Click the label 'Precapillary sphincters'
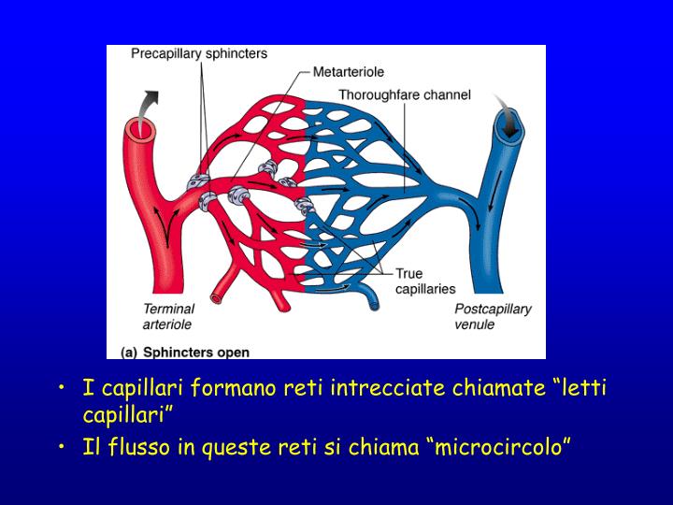198,53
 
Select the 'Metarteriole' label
348,71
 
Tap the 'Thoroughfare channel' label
404,94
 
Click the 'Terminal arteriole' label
168,316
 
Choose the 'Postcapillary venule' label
493,316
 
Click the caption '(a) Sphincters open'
185,352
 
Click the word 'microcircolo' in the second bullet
498,448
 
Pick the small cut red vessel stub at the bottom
215,297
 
